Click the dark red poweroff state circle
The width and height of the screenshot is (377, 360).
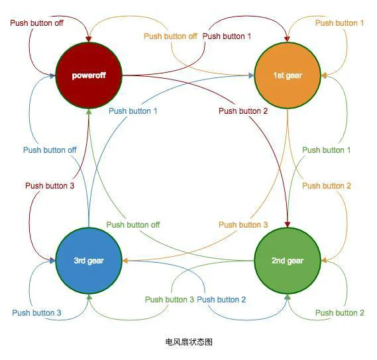click(x=89, y=75)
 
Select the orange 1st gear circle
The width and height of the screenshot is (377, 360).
click(x=288, y=75)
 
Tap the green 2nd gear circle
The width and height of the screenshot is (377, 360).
click(x=288, y=261)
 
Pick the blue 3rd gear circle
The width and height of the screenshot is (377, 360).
click(x=89, y=261)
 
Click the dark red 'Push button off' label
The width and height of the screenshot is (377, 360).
click(x=37, y=23)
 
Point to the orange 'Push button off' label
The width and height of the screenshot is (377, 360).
click(x=170, y=36)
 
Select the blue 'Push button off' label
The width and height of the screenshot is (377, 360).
click(x=50, y=150)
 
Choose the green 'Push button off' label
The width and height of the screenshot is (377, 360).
click(x=133, y=225)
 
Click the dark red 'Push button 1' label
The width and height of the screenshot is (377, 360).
click(x=227, y=36)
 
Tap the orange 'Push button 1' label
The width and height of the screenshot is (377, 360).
click(x=339, y=23)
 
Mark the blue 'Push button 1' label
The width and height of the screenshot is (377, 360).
click(x=133, y=111)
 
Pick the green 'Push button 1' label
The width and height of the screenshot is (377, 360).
click(x=326, y=150)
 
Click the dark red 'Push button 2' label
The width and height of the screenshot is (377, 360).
click(x=243, y=111)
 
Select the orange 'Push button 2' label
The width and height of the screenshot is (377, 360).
click(x=327, y=186)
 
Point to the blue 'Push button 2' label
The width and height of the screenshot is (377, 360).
click(x=221, y=300)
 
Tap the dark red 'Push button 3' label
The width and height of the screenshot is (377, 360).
click(x=50, y=186)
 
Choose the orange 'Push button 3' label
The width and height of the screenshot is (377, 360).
click(x=243, y=225)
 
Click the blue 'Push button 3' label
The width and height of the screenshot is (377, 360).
click(x=37, y=313)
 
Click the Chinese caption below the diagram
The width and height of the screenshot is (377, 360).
click(x=189, y=342)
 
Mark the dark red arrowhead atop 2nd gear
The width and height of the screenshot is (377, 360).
click(x=288, y=224)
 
